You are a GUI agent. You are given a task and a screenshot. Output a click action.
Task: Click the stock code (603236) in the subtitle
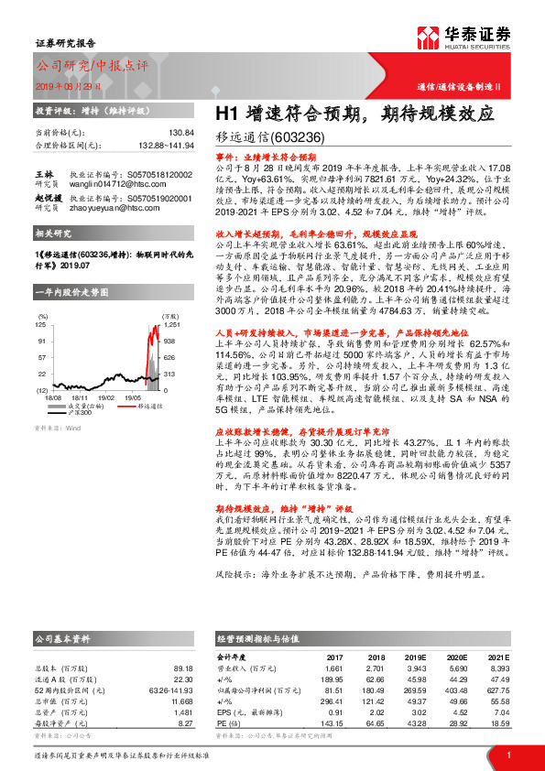pyautogui.click(x=298, y=138)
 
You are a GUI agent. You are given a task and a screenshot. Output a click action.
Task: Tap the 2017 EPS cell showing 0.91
pyautogui.click(x=335, y=712)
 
